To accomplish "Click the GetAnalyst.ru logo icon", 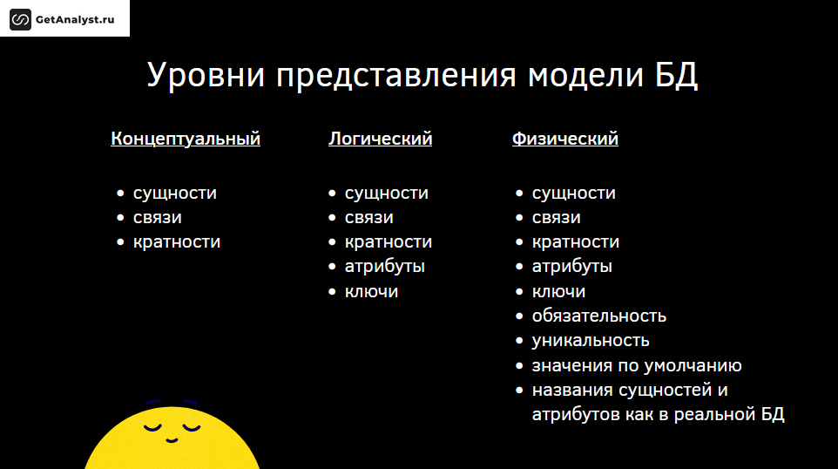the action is [20, 20].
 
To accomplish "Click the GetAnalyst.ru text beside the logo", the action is [75, 20].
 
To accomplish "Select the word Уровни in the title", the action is [206, 75].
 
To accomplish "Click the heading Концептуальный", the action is [186, 139].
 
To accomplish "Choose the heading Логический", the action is [380, 139].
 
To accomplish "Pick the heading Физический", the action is [564, 139].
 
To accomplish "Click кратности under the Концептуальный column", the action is [177, 241].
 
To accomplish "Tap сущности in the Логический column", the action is [387, 193].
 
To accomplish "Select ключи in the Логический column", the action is [371, 291].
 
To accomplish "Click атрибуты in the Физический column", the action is [571, 267].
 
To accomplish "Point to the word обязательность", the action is [599, 316].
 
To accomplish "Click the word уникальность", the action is [591, 341].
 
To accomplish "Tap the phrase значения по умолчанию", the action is [637, 366].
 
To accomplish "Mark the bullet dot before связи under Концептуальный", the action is [120, 218].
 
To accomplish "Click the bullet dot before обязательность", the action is [519, 316].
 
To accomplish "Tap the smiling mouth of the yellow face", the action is [172, 440].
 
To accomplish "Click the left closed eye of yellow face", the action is [152, 428].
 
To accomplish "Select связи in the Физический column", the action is [556, 218].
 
